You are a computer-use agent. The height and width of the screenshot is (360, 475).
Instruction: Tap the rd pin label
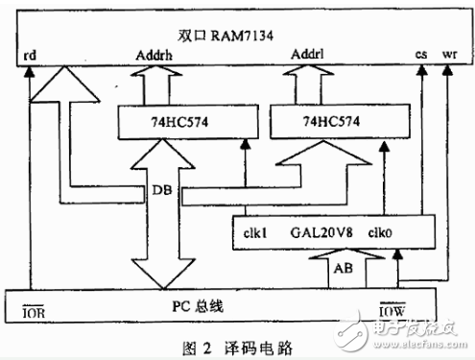click(x=32, y=57)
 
